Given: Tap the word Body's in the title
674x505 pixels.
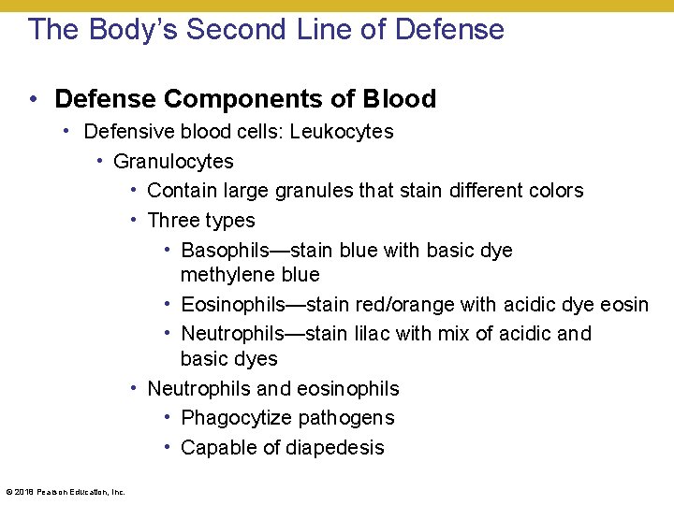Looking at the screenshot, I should point(133,30).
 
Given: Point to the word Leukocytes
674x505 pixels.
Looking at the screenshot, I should point(342,132).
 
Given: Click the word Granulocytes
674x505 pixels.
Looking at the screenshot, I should point(173,162).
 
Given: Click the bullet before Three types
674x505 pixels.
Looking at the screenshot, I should point(136,220).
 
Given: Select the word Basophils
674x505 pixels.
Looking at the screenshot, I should point(225,251).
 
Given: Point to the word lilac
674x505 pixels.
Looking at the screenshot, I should point(370,334).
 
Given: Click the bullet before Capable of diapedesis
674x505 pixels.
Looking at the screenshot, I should point(168,448).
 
